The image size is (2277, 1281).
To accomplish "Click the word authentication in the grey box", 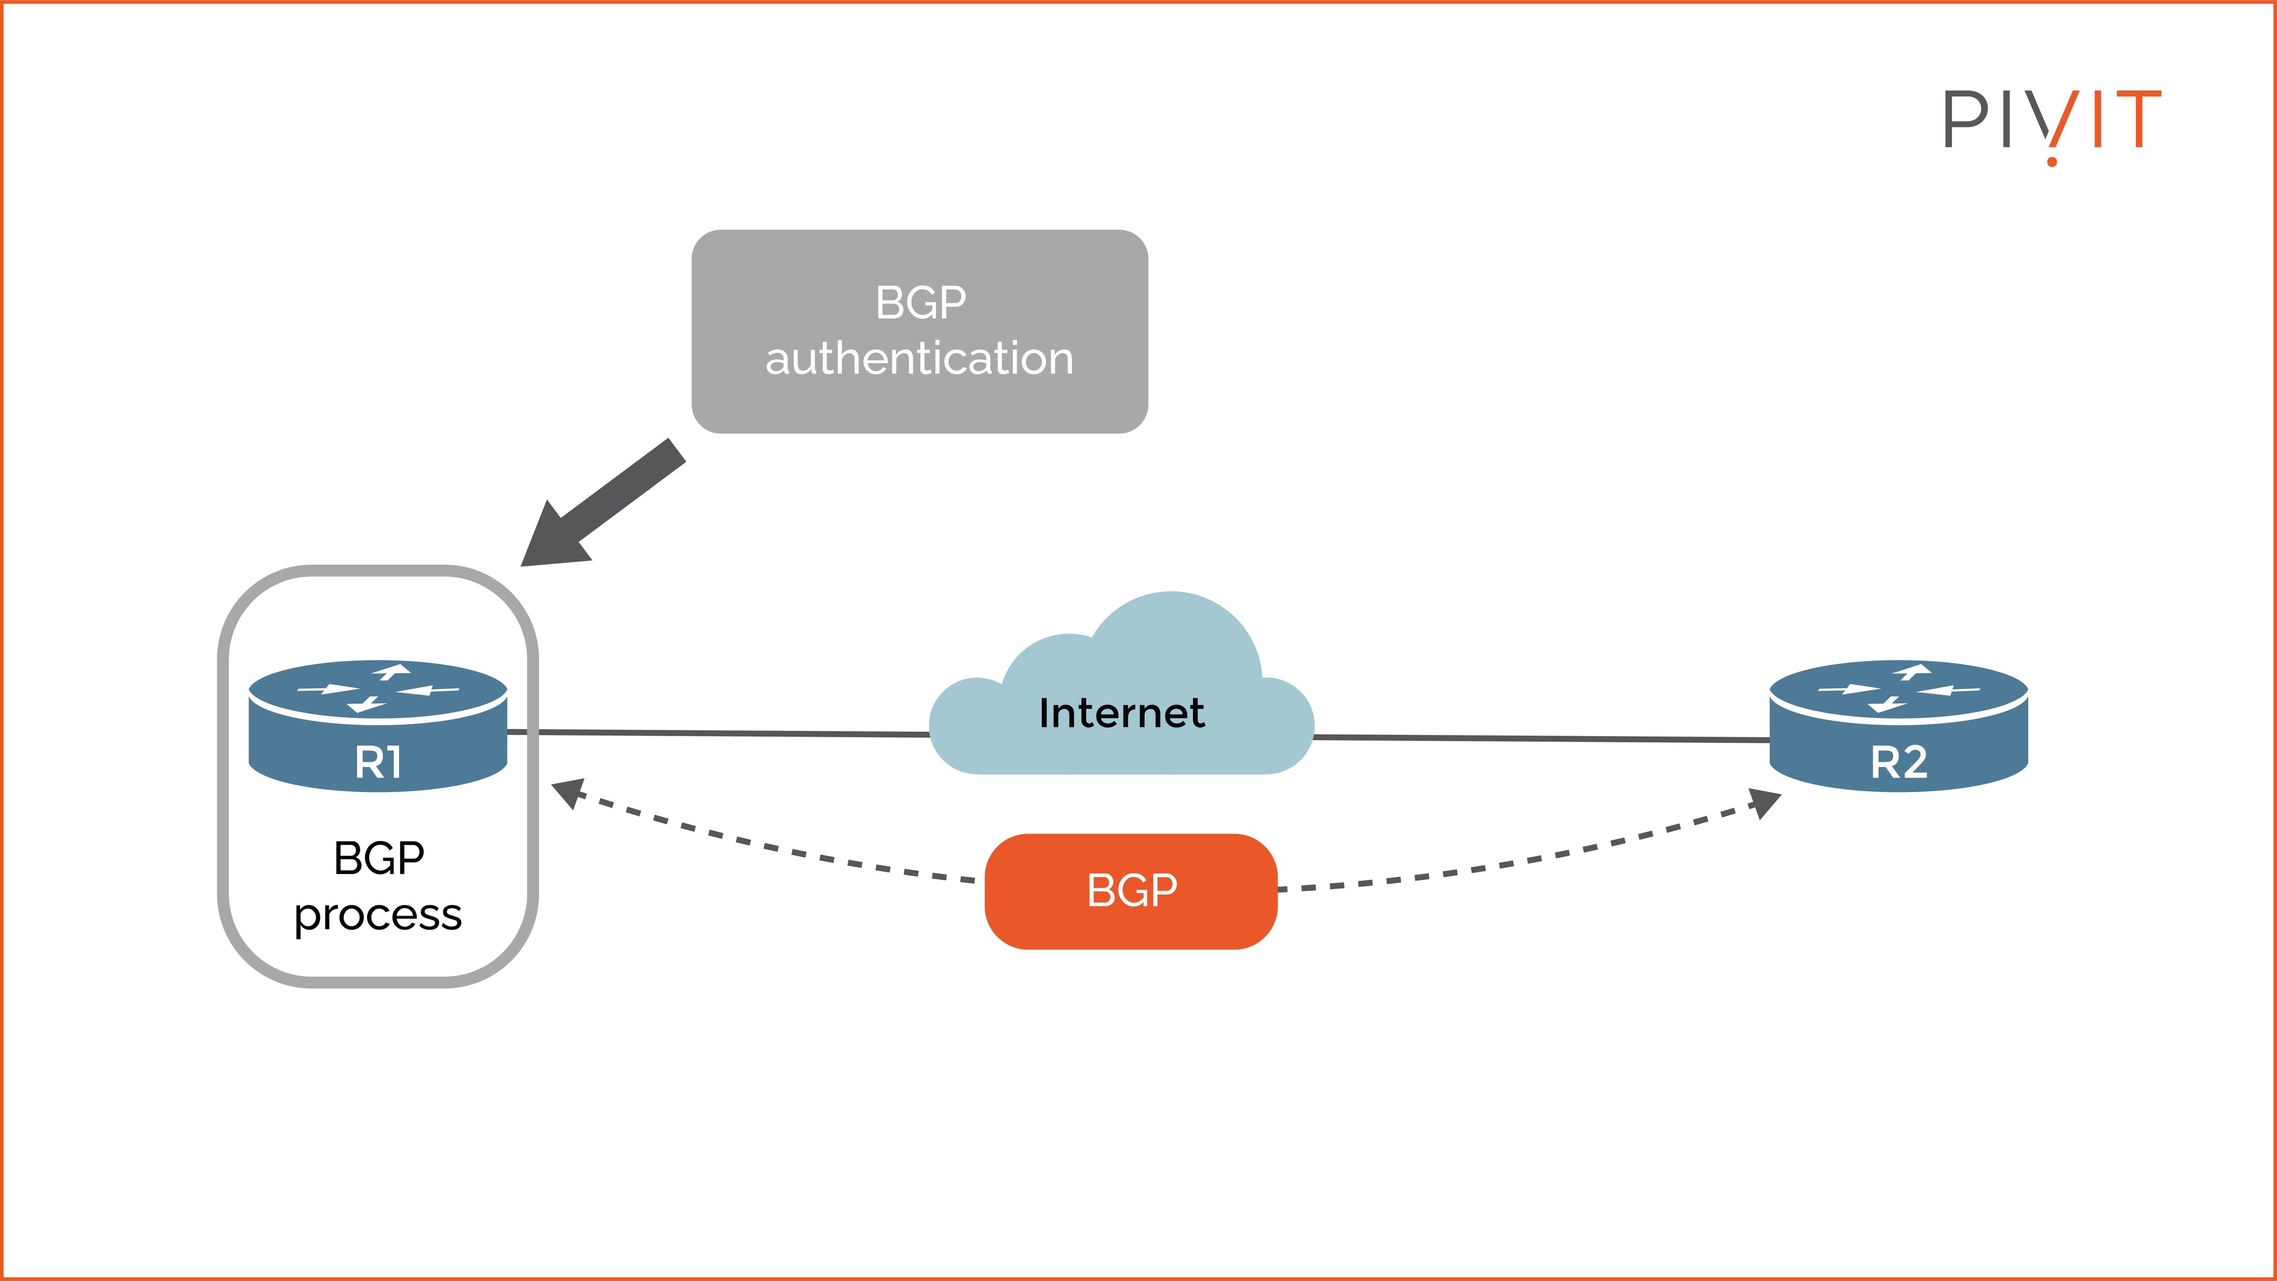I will [919, 358].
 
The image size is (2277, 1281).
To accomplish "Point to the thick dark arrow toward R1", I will [610, 499].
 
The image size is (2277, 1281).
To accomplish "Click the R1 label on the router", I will [379, 762].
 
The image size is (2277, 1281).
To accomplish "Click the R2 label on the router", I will [1898, 762].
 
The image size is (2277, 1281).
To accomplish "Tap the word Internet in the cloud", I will [1121, 713].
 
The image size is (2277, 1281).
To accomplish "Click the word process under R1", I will [379, 915].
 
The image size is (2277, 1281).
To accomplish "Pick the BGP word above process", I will [379, 857].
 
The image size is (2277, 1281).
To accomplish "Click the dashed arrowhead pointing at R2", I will [1764, 801].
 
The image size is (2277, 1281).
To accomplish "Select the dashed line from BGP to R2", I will [1520, 862].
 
